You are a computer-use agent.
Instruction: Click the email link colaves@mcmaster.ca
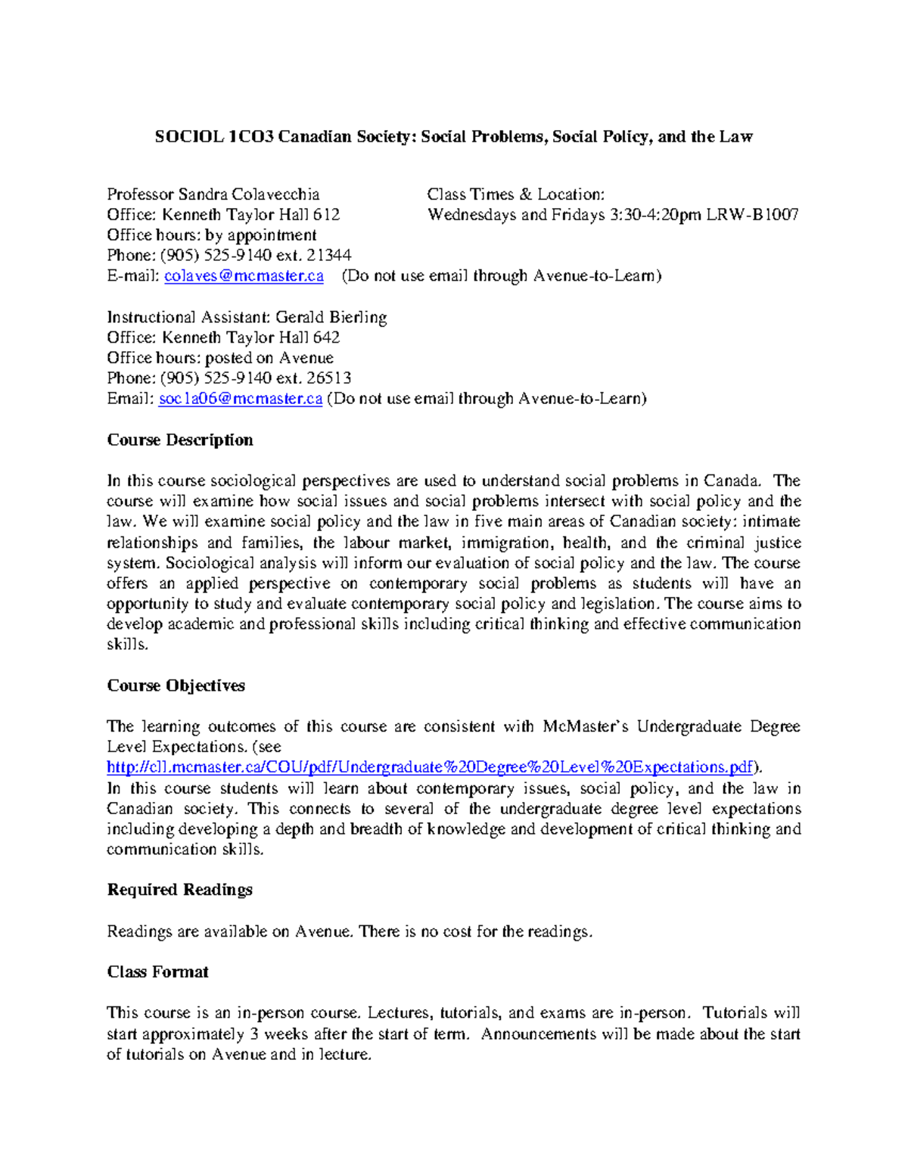244,276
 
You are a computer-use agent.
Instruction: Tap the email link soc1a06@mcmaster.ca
241,399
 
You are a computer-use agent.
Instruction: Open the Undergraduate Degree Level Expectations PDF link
430,767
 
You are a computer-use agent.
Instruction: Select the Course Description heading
180,440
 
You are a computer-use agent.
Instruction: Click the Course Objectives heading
176,685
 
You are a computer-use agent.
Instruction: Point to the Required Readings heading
179,890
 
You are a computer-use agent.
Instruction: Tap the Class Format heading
157,972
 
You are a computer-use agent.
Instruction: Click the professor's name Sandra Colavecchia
248,194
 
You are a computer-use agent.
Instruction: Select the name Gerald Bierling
331,318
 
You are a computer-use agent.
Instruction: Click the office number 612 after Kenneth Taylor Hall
326,215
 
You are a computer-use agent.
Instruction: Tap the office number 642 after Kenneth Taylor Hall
326,337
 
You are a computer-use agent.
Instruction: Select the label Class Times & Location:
515,194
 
